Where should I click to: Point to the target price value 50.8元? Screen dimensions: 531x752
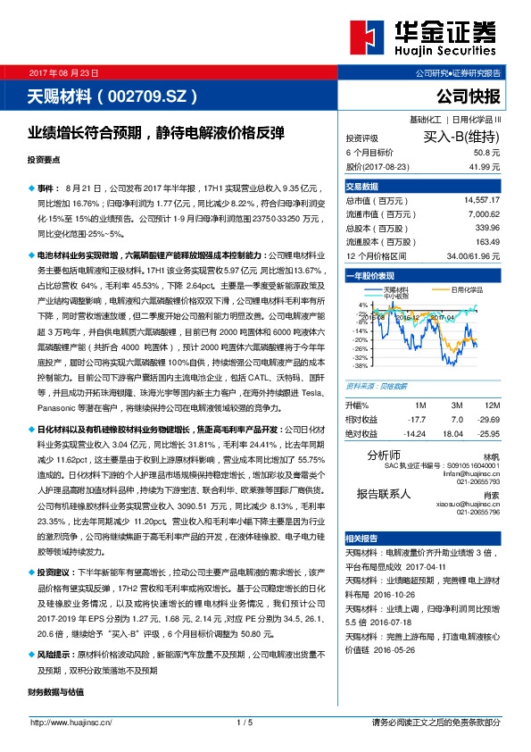coord(486,153)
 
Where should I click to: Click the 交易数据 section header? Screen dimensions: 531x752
coord(362,187)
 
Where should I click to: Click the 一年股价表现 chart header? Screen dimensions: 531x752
coord(370,277)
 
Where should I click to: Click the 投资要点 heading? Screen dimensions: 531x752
coord(44,159)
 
